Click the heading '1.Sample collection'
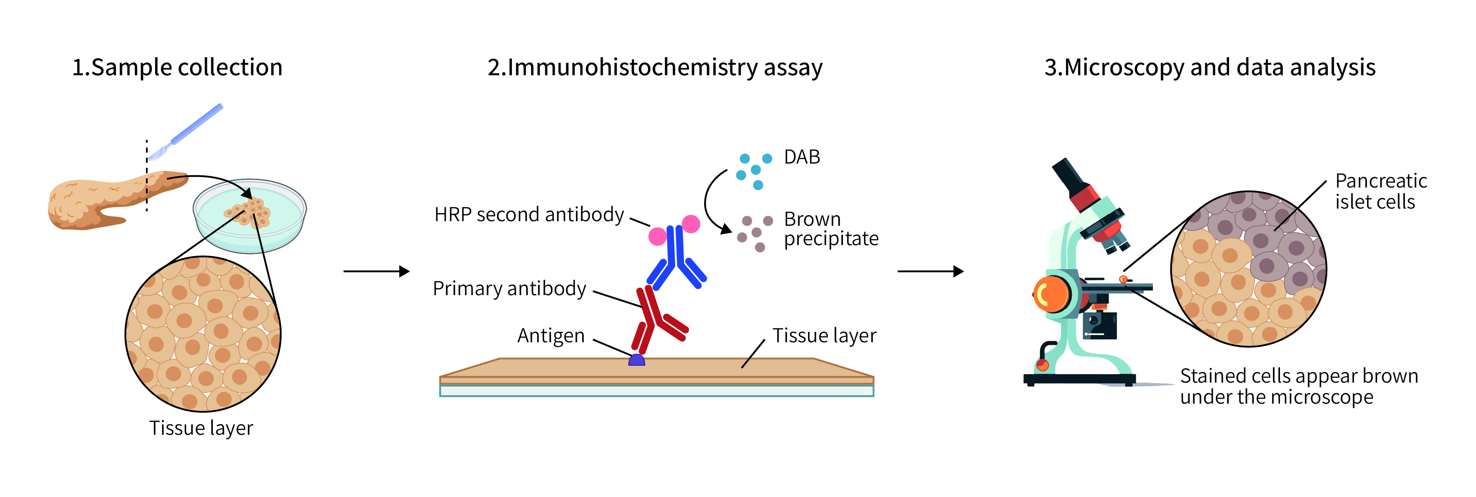pos(177,68)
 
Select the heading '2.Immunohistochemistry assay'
pos(655,68)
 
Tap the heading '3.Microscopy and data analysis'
pos(1210,68)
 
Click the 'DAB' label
pos(802,157)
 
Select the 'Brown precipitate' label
pos(830,229)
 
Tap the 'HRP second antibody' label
pos(529,215)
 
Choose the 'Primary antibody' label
pos(509,288)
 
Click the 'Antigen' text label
pos(551,336)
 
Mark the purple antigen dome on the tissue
pos(636,360)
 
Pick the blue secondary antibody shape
pos(677,258)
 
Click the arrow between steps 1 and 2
pos(376,271)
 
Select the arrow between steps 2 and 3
pos(930,271)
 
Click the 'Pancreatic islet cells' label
pos(1381,191)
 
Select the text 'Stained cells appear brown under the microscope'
pos(1298,386)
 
